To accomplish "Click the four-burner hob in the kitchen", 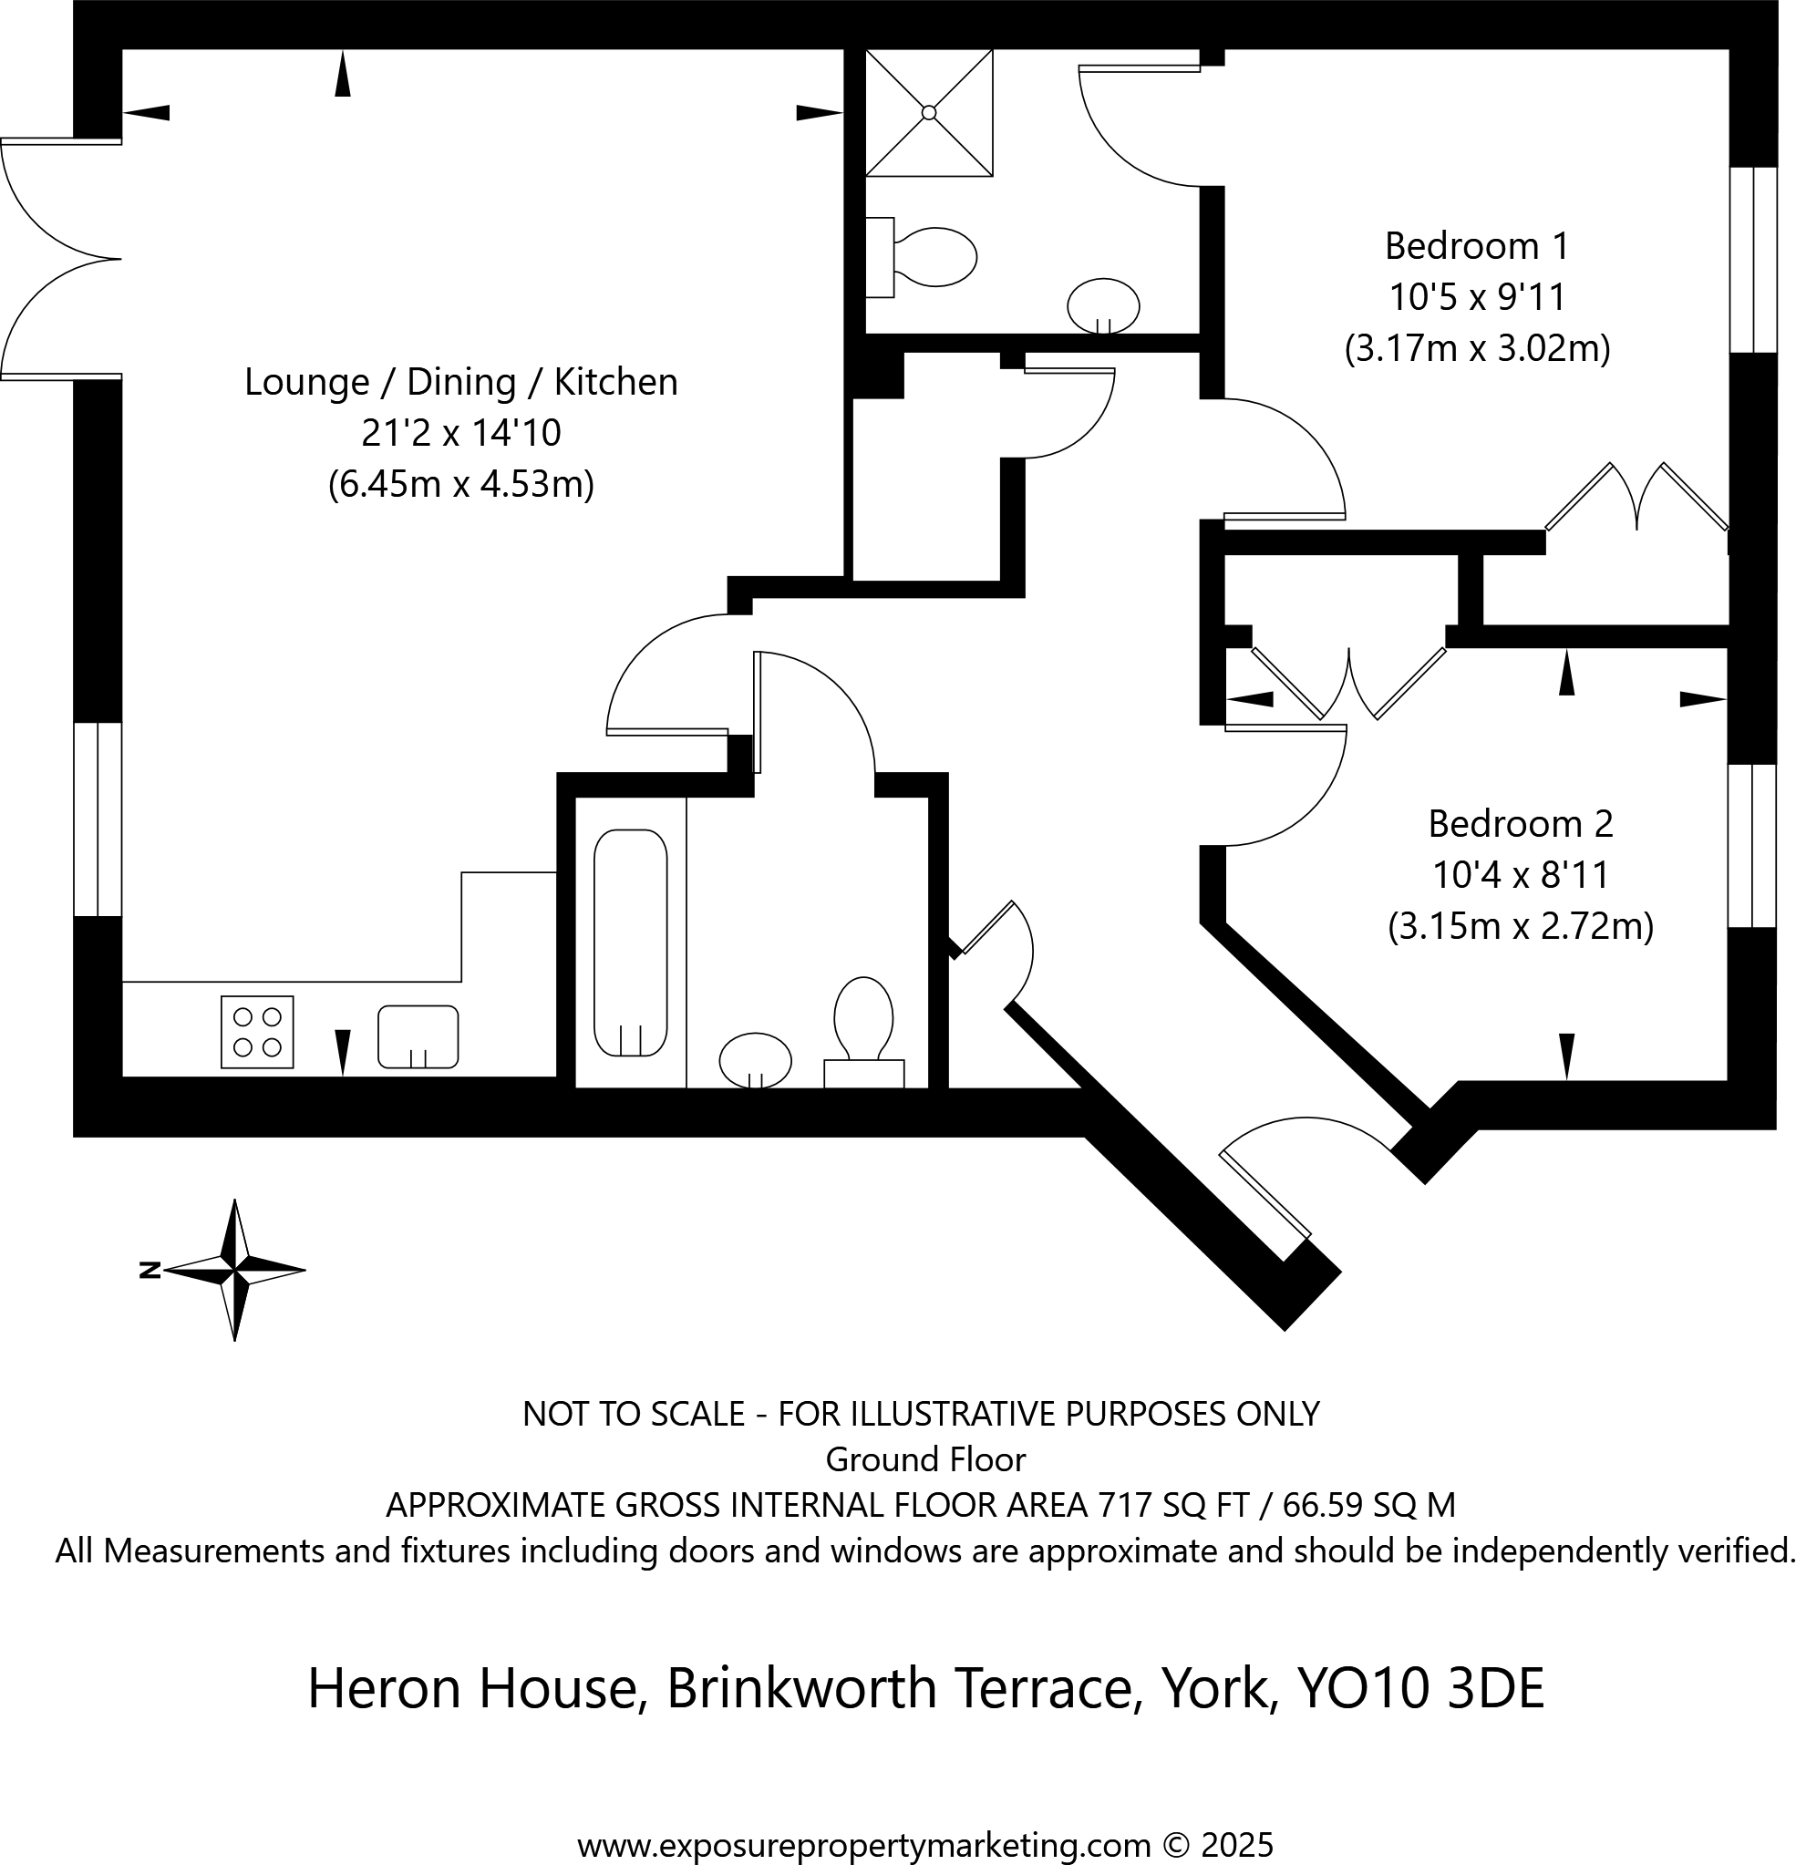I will (257, 1033).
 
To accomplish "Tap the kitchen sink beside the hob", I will (418, 1036).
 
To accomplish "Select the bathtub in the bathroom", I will (630, 943).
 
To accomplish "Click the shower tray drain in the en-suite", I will (929, 112).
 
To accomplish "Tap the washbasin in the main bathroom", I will (755, 1059).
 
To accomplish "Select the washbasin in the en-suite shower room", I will (1103, 305).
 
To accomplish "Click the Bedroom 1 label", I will (1476, 246).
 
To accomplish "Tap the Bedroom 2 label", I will (1520, 823).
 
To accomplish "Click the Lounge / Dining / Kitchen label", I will (460, 382).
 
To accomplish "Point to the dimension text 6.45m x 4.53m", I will (460, 484).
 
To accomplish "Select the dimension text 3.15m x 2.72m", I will (1520, 926).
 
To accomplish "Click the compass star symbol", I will (235, 1270).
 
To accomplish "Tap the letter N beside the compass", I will (149, 1270).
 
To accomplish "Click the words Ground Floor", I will (925, 1459).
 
